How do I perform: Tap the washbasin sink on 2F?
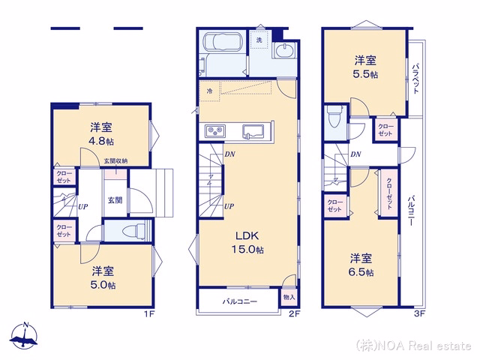coord(285,50)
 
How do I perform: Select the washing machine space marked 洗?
coord(259,40)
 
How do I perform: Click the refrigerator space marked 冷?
coord(210,91)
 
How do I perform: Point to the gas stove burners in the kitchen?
coord(215,131)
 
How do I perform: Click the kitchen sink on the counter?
coord(253,132)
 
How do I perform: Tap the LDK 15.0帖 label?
coord(247,242)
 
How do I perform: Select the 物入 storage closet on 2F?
coord(289,297)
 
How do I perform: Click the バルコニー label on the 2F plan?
coord(240,301)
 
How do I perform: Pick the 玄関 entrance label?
coord(115,200)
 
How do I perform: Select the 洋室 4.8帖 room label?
coord(101,133)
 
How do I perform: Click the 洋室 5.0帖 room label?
coord(103,278)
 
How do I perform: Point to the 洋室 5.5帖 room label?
coord(365,67)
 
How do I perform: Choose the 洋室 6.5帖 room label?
coord(361,265)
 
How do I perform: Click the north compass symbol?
coord(24,336)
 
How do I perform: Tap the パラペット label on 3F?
coord(415,78)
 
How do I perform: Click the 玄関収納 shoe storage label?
coord(115,160)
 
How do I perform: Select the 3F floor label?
coord(420,313)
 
